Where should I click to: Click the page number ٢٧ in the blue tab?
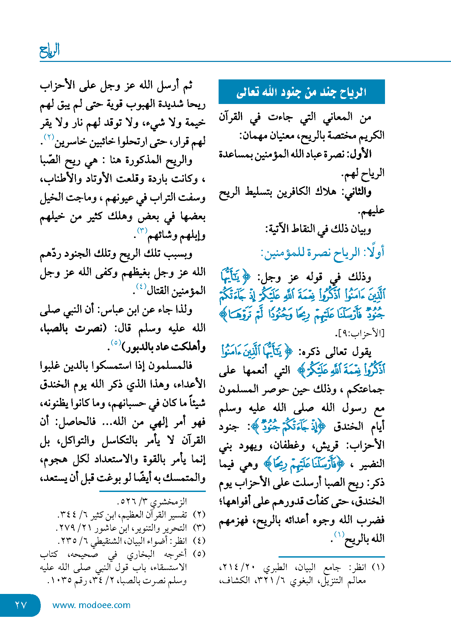21,605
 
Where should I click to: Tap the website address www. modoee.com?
91,605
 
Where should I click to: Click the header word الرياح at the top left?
50,50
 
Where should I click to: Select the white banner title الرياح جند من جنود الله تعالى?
301,92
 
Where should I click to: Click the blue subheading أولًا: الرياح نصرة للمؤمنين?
322,253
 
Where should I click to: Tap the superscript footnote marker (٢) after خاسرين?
49,137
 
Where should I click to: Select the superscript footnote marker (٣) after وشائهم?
142,231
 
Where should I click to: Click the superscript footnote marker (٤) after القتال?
141,286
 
